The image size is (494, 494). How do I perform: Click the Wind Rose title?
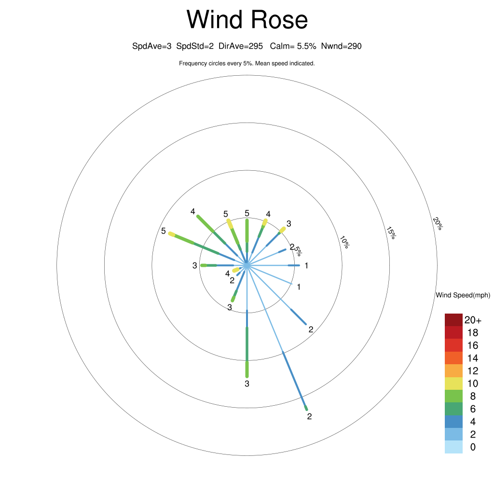[x=247, y=19]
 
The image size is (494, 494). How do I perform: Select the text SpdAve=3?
[x=152, y=46]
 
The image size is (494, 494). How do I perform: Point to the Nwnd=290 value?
[x=341, y=46]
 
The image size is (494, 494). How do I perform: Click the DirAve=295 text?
[x=241, y=46]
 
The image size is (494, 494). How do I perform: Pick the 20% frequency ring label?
[x=438, y=223]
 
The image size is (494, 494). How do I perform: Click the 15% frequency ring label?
[x=391, y=233]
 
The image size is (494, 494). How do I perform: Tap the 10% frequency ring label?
[x=344, y=242]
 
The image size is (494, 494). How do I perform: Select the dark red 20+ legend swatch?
[x=453, y=320]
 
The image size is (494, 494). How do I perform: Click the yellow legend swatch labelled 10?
[x=453, y=384]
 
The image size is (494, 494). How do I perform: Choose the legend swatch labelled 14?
[x=453, y=358]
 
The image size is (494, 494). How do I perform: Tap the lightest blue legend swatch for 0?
[x=453, y=447]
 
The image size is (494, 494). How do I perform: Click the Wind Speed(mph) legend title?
[x=463, y=295]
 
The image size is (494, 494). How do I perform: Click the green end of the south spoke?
[x=247, y=369]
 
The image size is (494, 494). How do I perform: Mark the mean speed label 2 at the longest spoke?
[x=309, y=416]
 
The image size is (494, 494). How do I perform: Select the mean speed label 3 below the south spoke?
[x=247, y=384]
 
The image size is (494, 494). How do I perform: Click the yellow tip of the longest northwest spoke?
[x=172, y=234]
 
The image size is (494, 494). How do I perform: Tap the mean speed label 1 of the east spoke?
[x=306, y=266]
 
